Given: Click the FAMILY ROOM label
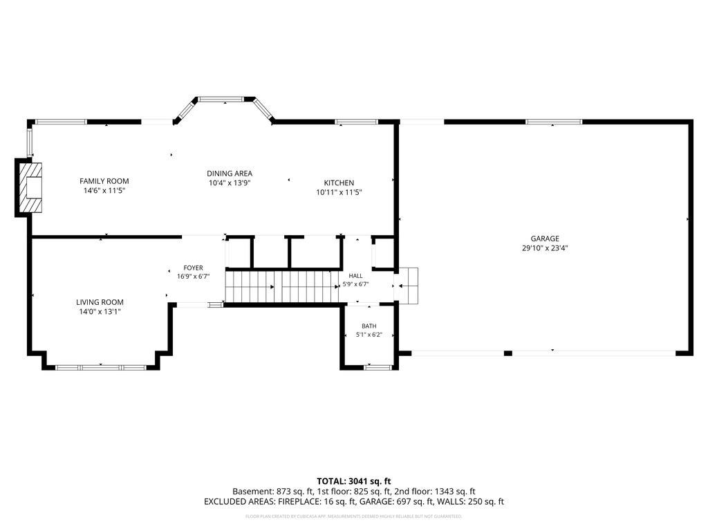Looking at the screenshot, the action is (x=104, y=181).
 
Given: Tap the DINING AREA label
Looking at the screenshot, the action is (x=230, y=174).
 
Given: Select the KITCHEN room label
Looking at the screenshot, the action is (x=339, y=183).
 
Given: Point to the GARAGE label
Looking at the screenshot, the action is (x=545, y=239).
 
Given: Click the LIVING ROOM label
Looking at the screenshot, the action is (x=100, y=302).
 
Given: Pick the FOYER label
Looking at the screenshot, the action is (x=194, y=268).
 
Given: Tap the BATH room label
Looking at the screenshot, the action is (x=369, y=326).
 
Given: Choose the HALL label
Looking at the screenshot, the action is (x=356, y=276).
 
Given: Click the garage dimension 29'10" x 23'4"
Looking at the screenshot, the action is (x=545, y=248).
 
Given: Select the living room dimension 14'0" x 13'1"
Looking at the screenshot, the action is (x=100, y=312).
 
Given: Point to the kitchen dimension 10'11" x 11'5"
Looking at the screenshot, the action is (x=339, y=192).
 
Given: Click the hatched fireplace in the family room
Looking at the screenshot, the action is (x=30, y=187).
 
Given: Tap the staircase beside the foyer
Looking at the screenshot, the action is (x=282, y=286).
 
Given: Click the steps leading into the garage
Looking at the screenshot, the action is (x=408, y=286).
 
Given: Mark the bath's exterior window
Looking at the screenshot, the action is (x=378, y=368).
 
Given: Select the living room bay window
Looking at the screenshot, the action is (x=101, y=368).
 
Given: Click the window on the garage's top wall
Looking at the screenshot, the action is (x=554, y=122).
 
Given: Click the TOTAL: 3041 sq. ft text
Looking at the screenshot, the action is (x=354, y=481).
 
